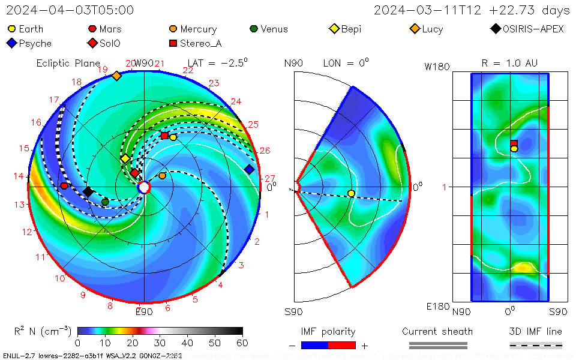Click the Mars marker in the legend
click(x=92, y=29)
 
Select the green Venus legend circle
click(x=254, y=29)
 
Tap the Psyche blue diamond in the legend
click(x=11, y=43)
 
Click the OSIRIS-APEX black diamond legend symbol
click(x=495, y=29)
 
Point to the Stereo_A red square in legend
click(x=173, y=43)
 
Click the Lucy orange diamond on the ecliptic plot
click(x=116, y=76)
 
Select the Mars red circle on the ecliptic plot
click(x=64, y=186)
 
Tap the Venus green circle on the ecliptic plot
click(x=105, y=202)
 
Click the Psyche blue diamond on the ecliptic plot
click(x=250, y=170)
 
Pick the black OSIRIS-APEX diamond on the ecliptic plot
click(x=88, y=191)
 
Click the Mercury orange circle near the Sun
click(x=162, y=176)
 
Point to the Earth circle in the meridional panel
click(x=351, y=193)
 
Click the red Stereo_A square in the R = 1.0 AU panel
click(x=514, y=143)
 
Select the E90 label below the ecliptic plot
click(x=144, y=312)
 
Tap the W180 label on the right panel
click(x=437, y=67)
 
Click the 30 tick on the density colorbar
click(x=160, y=343)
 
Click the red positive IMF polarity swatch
click(x=342, y=346)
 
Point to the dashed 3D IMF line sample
click(x=536, y=346)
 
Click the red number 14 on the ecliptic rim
click(x=19, y=176)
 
